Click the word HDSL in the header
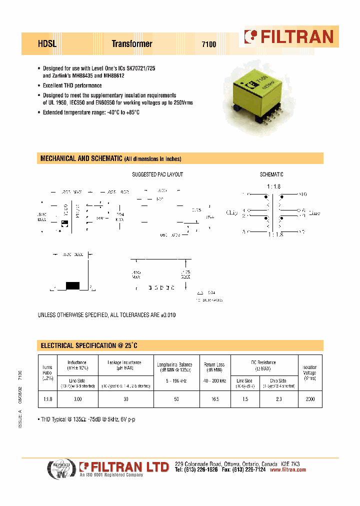pos(47,44)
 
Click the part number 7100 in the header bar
pos(208,44)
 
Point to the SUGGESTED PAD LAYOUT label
pos(157,174)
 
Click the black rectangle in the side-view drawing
pos(73,285)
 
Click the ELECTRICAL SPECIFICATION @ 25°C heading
pos(88,345)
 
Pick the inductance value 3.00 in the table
pos(77,399)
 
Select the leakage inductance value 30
pos(126,399)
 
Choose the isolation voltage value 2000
pos(310,399)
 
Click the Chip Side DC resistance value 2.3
pos(278,399)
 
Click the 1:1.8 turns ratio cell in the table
pos(47,399)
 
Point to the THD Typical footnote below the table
pos(87,419)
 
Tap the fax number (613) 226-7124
pos(248,470)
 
